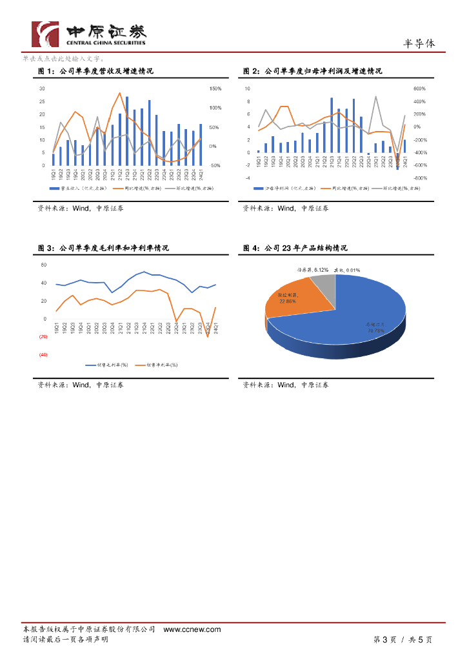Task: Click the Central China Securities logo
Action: click(x=90, y=34)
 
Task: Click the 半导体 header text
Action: click(x=419, y=43)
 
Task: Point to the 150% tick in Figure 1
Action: click(x=215, y=88)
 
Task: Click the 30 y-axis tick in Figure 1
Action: click(x=42, y=88)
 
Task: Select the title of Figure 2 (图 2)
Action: click(x=312, y=71)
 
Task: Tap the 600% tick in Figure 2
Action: click(x=419, y=88)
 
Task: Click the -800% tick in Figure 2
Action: click(x=419, y=178)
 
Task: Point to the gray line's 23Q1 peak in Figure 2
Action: click(x=376, y=97)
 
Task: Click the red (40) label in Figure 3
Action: click(x=43, y=354)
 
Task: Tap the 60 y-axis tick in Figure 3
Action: click(x=44, y=265)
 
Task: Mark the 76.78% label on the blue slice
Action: click(x=376, y=329)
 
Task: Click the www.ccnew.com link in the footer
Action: click(x=192, y=629)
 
